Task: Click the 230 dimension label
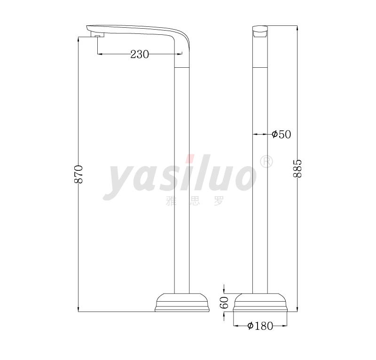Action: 140,54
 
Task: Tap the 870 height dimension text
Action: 78,175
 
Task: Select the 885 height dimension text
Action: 298,168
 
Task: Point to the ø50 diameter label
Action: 282,134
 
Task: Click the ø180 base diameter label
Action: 260,326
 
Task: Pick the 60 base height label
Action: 224,303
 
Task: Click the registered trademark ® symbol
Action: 266,162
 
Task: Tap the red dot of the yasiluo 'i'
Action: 190,159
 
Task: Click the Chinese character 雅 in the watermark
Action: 171,201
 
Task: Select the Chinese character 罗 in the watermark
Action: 219,201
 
